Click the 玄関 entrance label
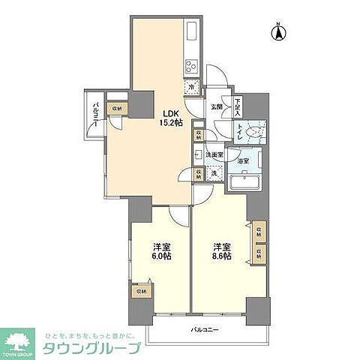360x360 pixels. (x=216, y=106)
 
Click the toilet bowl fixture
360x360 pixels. (x=256, y=133)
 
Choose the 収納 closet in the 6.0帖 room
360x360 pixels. (x=139, y=290)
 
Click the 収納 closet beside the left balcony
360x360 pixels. (x=116, y=109)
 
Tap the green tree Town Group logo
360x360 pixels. (x=22, y=340)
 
